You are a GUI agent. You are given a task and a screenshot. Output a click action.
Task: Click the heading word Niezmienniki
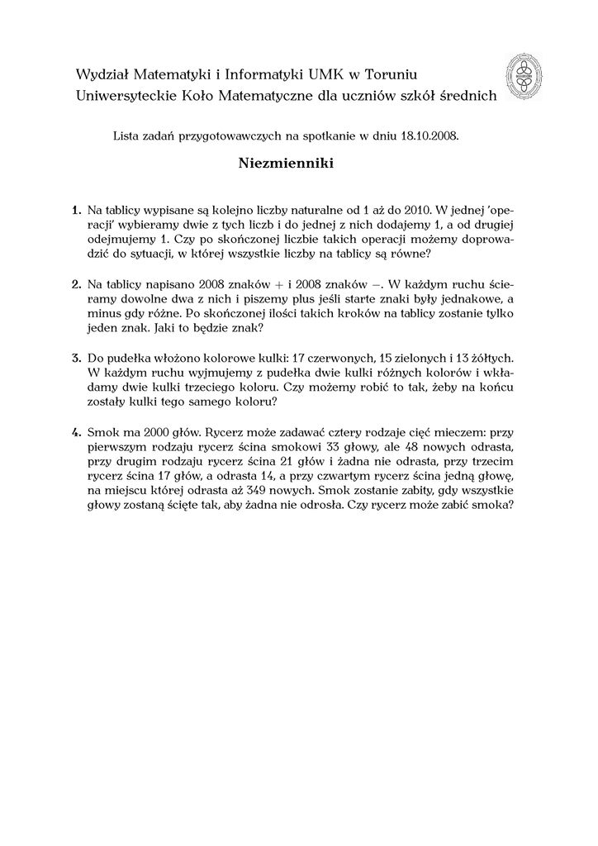point(286,164)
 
